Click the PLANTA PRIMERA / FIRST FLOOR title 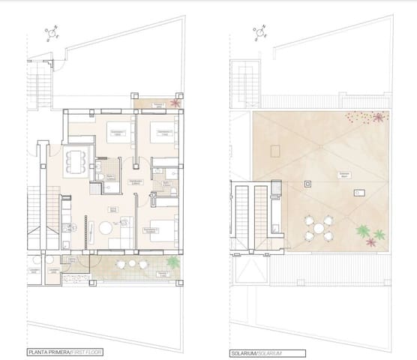click(x=64, y=352)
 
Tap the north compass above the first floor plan click(x=51, y=33)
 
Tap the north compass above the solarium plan click(x=259, y=33)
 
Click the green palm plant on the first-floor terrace click(x=173, y=262)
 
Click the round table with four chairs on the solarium click(x=319, y=227)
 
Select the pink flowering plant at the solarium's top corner click(x=379, y=117)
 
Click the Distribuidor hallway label click(x=136, y=181)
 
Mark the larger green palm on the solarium click(x=363, y=230)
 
